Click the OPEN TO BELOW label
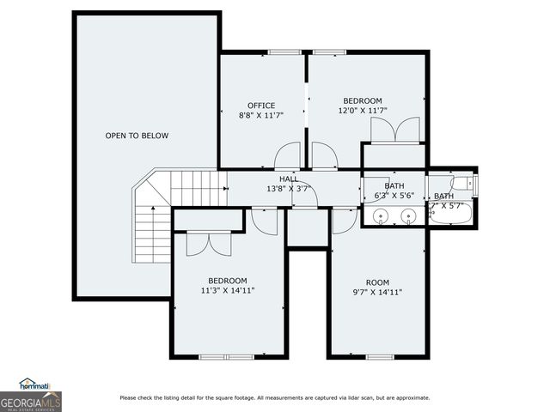click(x=137, y=136)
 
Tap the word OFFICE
click(x=261, y=106)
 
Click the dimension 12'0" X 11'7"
click(x=363, y=110)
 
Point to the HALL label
click(x=289, y=179)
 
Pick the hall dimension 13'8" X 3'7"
click(x=289, y=188)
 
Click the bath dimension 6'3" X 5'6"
click(x=394, y=196)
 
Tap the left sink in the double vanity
click(x=381, y=215)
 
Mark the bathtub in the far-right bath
click(x=452, y=218)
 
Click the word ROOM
click(x=377, y=282)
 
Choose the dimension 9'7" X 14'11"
click(x=377, y=292)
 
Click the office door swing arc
click(x=285, y=156)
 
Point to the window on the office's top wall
click(x=283, y=52)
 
